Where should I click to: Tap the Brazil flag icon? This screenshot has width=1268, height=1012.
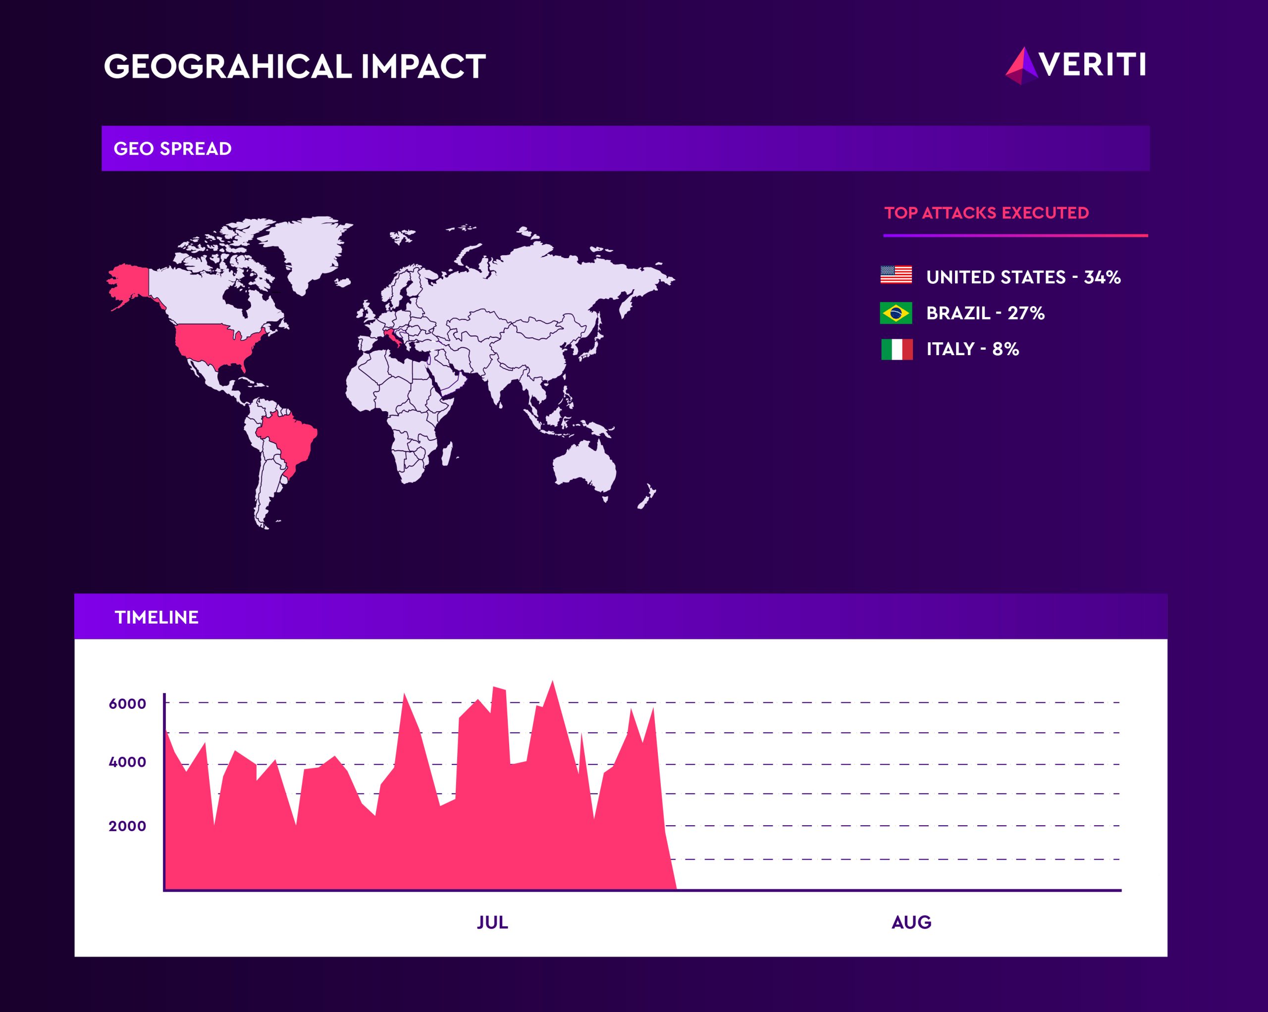tap(896, 313)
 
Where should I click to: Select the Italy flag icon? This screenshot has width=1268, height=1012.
tap(897, 349)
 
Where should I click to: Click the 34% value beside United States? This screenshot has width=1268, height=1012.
tap(1102, 277)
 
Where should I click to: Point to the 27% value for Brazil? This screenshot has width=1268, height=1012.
tap(1026, 313)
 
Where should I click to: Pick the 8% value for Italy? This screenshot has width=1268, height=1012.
tap(1005, 349)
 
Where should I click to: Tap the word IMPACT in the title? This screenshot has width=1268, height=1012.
tap(423, 66)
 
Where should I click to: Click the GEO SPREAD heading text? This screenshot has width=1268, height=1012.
tap(172, 149)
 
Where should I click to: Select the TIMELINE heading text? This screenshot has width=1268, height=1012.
tap(157, 617)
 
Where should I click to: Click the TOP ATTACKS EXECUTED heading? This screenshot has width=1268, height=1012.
tap(986, 213)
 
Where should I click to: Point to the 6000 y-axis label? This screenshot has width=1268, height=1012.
tap(127, 703)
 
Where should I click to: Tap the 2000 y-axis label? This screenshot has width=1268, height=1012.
tap(127, 826)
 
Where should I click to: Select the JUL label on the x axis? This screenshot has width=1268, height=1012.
tap(492, 922)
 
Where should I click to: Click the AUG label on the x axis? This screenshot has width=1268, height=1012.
tap(911, 922)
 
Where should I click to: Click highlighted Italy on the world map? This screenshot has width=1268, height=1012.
tap(392, 340)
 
